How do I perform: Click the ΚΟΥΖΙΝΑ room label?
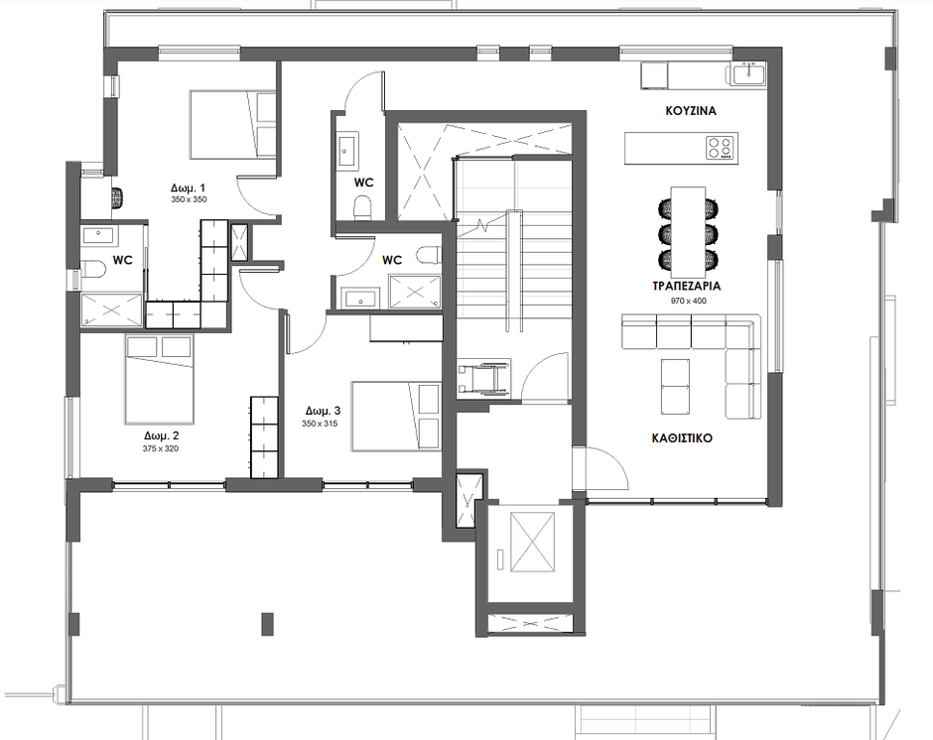tap(690, 111)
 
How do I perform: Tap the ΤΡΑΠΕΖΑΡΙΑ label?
tap(686, 286)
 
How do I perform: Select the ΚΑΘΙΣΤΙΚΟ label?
tap(682, 438)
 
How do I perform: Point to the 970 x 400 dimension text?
tap(689, 301)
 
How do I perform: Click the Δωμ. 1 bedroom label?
tap(188, 187)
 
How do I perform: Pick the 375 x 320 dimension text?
tap(160, 448)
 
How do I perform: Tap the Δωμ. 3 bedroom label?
tap(324, 411)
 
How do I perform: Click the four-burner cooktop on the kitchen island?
tap(720, 148)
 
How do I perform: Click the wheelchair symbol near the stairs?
tap(483, 377)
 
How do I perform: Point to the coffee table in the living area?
tap(675, 386)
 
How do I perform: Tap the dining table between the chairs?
tap(689, 226)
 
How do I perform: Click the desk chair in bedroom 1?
tap(118, 197)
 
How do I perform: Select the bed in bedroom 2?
tap(160, 379)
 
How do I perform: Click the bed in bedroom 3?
tap(396, 416)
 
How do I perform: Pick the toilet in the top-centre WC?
tap(361, 209)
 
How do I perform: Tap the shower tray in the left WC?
tap(111, 309)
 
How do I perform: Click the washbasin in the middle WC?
tap(360, 298)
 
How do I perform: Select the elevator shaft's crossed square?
tap(533, 542)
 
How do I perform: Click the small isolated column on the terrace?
tap(268, 624)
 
